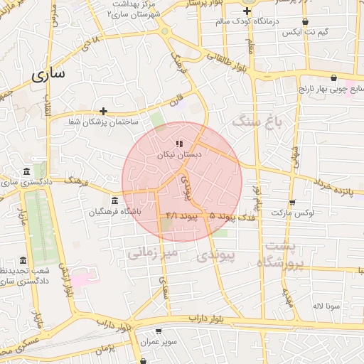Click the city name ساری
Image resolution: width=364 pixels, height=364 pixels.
47,74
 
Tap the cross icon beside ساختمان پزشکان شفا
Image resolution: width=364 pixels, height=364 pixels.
104,111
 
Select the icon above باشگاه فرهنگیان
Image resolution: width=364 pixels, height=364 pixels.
115,200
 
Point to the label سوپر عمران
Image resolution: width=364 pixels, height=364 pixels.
157,342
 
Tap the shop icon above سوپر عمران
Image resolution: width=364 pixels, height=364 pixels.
158,331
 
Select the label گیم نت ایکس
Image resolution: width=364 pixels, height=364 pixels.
305,33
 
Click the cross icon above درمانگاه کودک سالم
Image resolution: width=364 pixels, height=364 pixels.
247,11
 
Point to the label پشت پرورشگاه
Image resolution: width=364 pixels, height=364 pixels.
282,255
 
